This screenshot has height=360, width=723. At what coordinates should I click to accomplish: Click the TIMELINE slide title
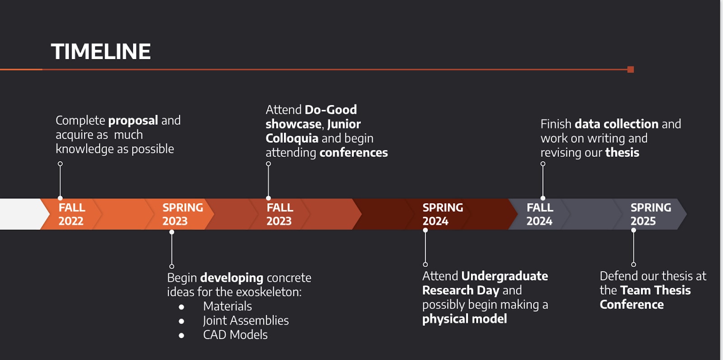(101, 51)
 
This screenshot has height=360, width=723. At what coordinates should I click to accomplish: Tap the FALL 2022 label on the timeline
(71, 214)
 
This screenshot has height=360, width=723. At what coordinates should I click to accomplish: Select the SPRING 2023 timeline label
(182, 214)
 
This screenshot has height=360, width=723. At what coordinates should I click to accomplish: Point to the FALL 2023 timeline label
(279, 214)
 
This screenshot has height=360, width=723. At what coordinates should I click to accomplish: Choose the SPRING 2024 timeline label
(442, 214)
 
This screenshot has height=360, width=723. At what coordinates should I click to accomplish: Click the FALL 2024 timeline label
(540, 214)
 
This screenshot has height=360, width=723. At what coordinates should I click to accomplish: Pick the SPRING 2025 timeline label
(650, 214)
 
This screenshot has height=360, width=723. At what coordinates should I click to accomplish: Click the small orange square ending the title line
(631, 70)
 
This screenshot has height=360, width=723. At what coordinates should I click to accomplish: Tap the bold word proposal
(133, 121)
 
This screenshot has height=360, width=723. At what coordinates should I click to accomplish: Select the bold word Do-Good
(331, 110)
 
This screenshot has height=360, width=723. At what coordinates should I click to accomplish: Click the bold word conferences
(353, 153)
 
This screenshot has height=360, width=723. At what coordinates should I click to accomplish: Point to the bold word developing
(231, 278)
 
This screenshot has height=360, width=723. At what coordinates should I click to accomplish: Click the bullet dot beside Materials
(182, 307)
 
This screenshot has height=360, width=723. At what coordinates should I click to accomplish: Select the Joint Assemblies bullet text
(245, 321)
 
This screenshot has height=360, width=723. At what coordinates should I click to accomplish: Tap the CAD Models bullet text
(235, 335)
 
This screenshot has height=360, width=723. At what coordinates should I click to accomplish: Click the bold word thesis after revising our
(622, 153)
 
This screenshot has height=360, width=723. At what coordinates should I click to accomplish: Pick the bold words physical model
(464, 319)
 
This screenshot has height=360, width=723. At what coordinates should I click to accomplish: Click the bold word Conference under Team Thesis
(631, 305)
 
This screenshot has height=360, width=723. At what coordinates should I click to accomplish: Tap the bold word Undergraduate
(504, 276)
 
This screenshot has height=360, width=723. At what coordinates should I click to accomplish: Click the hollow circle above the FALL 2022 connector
(60, 164)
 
